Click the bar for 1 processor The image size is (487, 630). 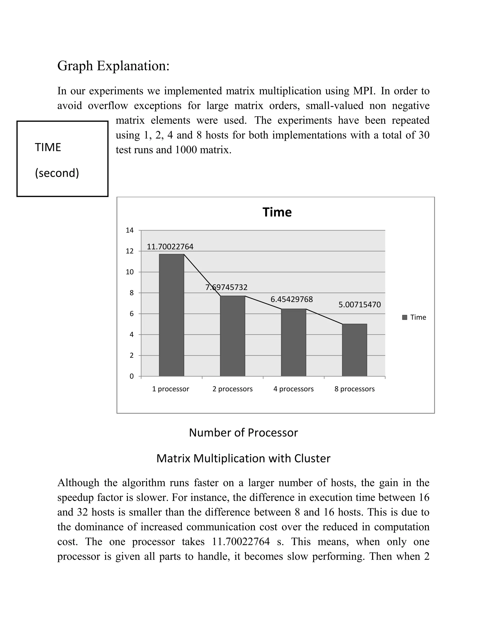(x=171, y=315)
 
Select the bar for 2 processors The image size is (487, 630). (x=232, y=336)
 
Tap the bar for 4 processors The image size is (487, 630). (x=293, y=342)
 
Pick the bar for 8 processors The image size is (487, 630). (x=354, y=350)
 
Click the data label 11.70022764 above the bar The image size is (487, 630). (x=170, y=247)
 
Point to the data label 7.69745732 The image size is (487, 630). (x=226, y=287)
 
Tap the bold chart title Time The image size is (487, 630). (x=277, y=212)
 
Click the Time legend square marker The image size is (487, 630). (x=404, y=317)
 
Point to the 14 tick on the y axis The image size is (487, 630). (x=130, y=230)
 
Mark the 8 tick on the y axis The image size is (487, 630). (x=131, y=293)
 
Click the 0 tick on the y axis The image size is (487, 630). (x=131, y=376)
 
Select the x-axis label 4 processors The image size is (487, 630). (x=293, y=389)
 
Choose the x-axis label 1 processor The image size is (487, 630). (x=170, y=389)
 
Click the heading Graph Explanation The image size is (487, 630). (x=113, y=66)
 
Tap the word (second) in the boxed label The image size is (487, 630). (x=57, y=173)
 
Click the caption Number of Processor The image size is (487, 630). (x=243, y=433)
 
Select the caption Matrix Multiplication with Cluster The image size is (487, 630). (x=243, y=458)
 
